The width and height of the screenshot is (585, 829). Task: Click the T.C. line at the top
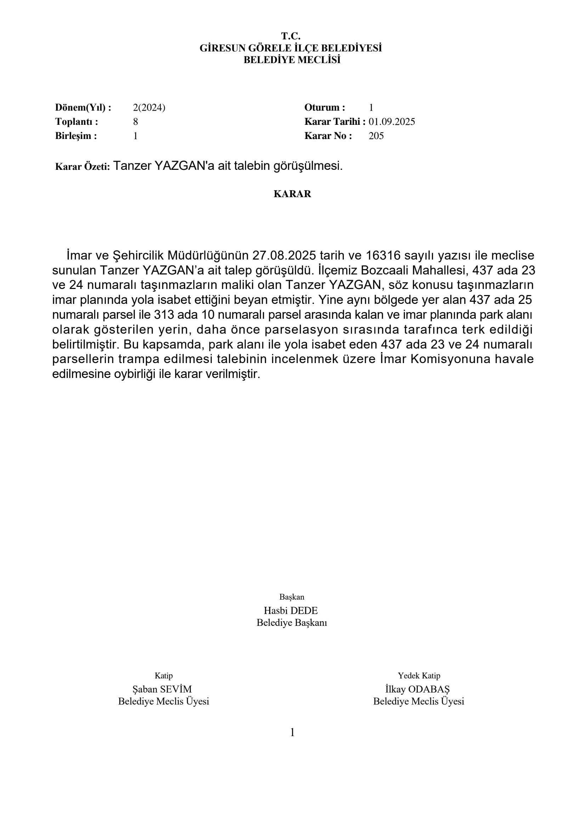point(291,36)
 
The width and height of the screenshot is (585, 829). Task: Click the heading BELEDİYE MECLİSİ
point(292,60)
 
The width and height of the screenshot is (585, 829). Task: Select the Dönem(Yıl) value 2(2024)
point(149,107)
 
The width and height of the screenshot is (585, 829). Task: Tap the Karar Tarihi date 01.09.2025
point(392,122)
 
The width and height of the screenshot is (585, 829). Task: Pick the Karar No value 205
point(376,136)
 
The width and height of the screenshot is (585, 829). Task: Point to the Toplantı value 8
point(136,122)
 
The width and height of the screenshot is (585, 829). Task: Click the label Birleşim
point(76,136)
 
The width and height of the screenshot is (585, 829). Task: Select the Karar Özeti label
point(82,167)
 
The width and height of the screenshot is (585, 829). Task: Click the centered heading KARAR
point(292,194)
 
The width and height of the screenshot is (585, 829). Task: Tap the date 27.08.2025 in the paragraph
point(284,256)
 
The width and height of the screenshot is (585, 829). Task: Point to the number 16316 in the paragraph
point(383,256)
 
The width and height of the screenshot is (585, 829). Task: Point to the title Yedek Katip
point(419,675)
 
